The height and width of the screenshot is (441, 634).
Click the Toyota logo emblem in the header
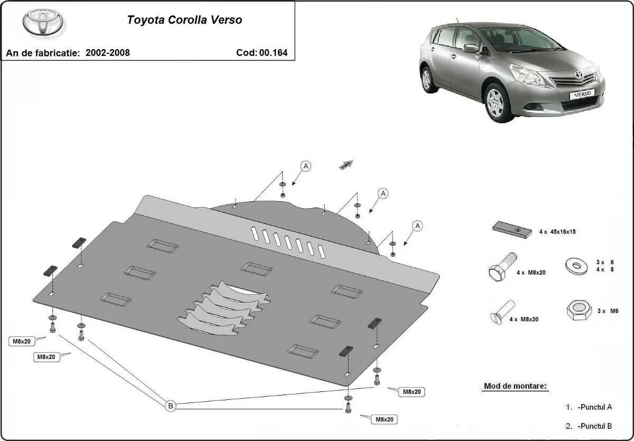tap(43, 22)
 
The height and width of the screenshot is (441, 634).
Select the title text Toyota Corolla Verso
tap(184, 20)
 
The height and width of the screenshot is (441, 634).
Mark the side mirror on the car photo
tap(470, 49)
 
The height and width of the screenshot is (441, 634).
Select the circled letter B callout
tap(171, 406)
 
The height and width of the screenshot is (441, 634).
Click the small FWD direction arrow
tap(346, 165)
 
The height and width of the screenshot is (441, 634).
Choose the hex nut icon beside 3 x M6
tap(576, 311)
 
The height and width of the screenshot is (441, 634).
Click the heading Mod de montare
tap(515, 386)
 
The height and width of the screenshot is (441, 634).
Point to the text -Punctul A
tap(594, 407)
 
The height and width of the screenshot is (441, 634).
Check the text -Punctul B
tap(594, 426)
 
